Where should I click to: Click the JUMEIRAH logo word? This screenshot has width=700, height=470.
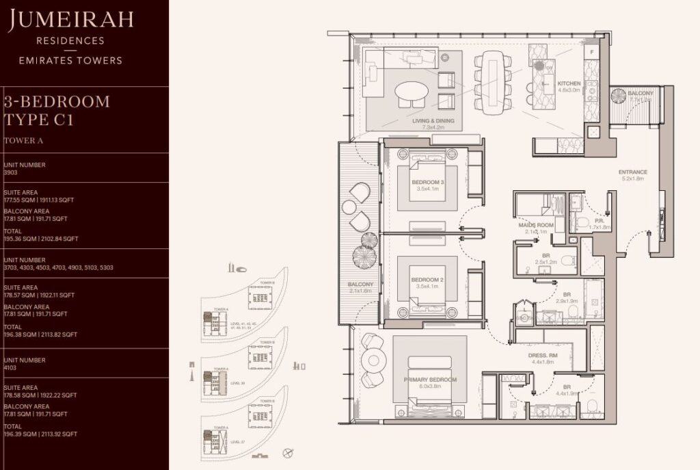point(71,21)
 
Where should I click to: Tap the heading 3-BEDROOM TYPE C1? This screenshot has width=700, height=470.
point(57,110)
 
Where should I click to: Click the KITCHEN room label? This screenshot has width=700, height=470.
point(569,83)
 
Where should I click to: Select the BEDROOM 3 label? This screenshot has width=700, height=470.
point(428,183)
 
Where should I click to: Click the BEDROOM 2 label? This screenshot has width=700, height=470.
point(428,280)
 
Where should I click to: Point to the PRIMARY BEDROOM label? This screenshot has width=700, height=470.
point(430,380)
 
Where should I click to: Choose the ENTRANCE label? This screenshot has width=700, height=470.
point(632,172)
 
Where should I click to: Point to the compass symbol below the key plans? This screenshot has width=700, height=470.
point(288,452)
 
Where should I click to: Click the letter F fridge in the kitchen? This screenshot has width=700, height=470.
point(591,51)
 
